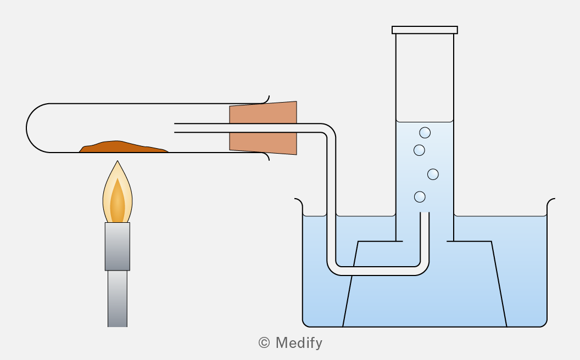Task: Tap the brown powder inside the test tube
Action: [122, 147]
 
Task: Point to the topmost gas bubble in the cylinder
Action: [425, 132]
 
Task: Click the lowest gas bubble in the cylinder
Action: [420, 196]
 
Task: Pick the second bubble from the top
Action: [419, 150]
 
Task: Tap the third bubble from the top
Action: [433, 174]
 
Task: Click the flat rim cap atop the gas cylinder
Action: [425, 30]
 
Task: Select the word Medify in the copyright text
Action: [299, 343]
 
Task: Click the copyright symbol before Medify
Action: [264, 342]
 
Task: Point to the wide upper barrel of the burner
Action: [117, 246]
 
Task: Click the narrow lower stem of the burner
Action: [117, 299]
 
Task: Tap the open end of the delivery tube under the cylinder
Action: [425, 213]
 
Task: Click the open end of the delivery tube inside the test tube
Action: [175, 128]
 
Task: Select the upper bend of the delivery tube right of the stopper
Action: [328, 131]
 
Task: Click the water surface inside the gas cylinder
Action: [425, 121]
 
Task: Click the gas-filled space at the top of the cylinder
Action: [425, 77]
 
